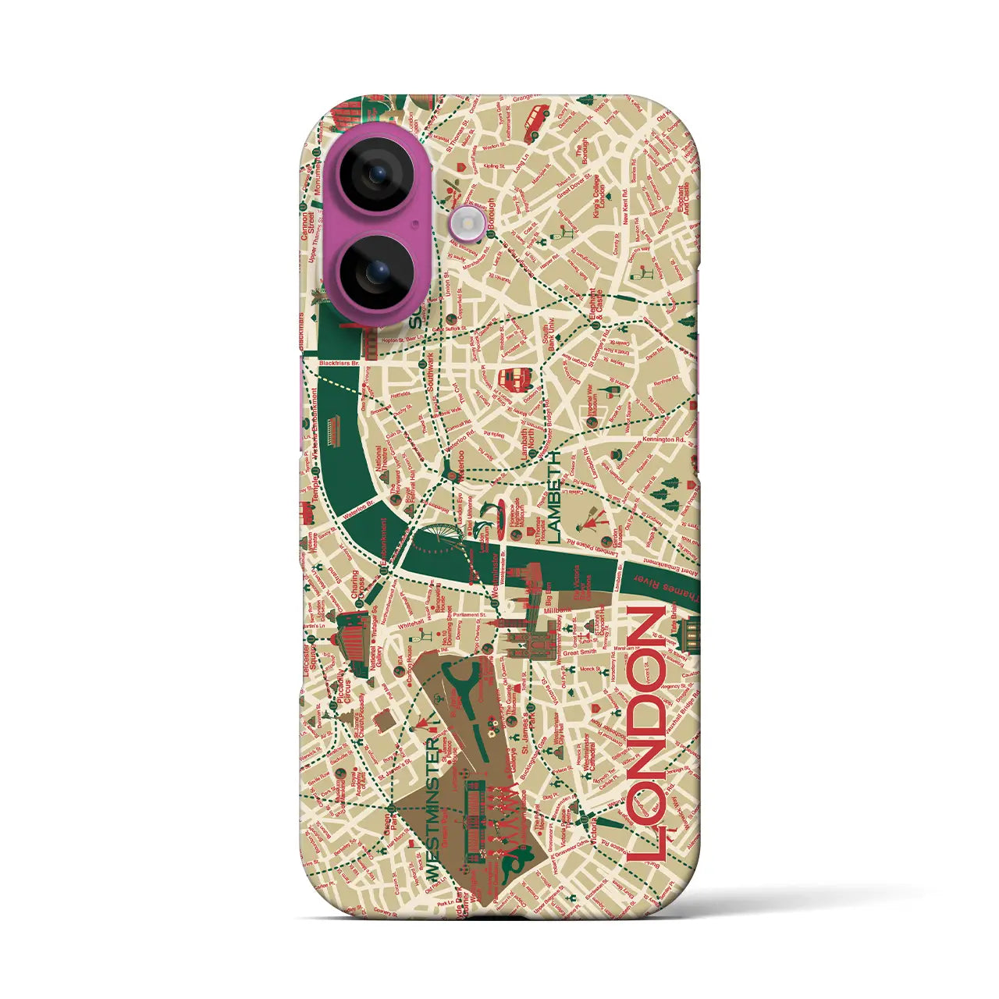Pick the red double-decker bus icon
point(514,380)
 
